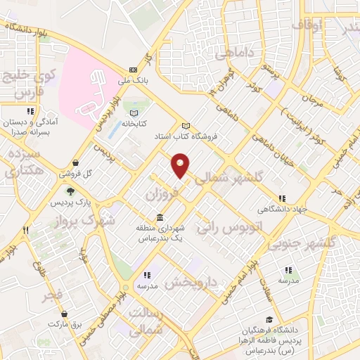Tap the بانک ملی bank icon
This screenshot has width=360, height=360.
133,70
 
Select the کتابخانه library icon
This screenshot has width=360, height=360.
135,112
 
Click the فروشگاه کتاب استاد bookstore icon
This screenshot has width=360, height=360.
186,125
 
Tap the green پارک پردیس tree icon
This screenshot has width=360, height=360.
70,191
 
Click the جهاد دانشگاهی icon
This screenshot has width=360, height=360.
282,199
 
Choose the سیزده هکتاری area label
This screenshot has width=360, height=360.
23,162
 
